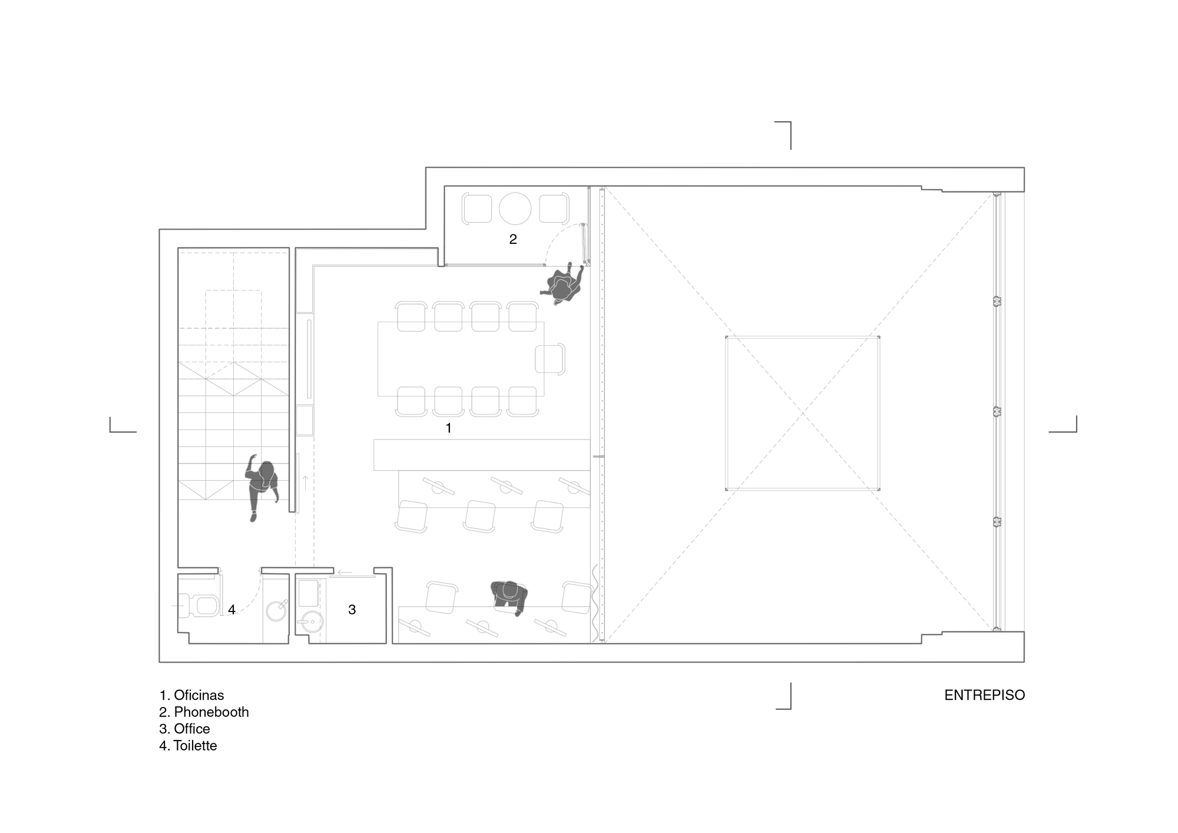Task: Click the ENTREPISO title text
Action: [x=984, y=695]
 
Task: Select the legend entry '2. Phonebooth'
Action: [x=204, y=712]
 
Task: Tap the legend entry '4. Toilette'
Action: [x=188, y=746]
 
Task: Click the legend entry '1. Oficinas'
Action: [x=191, y=695]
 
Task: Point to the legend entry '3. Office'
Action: [x=184, y=729]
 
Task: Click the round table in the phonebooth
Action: [x=515, y=208]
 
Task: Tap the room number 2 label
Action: [x=512, y=239]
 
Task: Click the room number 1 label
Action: [x=448, y=428]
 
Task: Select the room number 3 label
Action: [x=352, y=610]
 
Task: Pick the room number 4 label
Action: [x=231, y=610]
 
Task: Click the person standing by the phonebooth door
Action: [x=562, y=285]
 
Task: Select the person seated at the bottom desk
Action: [x=509, y=596]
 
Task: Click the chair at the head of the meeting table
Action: [x=550, y=358]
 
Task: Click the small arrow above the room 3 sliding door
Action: [x=345, y=572]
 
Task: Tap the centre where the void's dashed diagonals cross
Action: [x=802, y=414]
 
